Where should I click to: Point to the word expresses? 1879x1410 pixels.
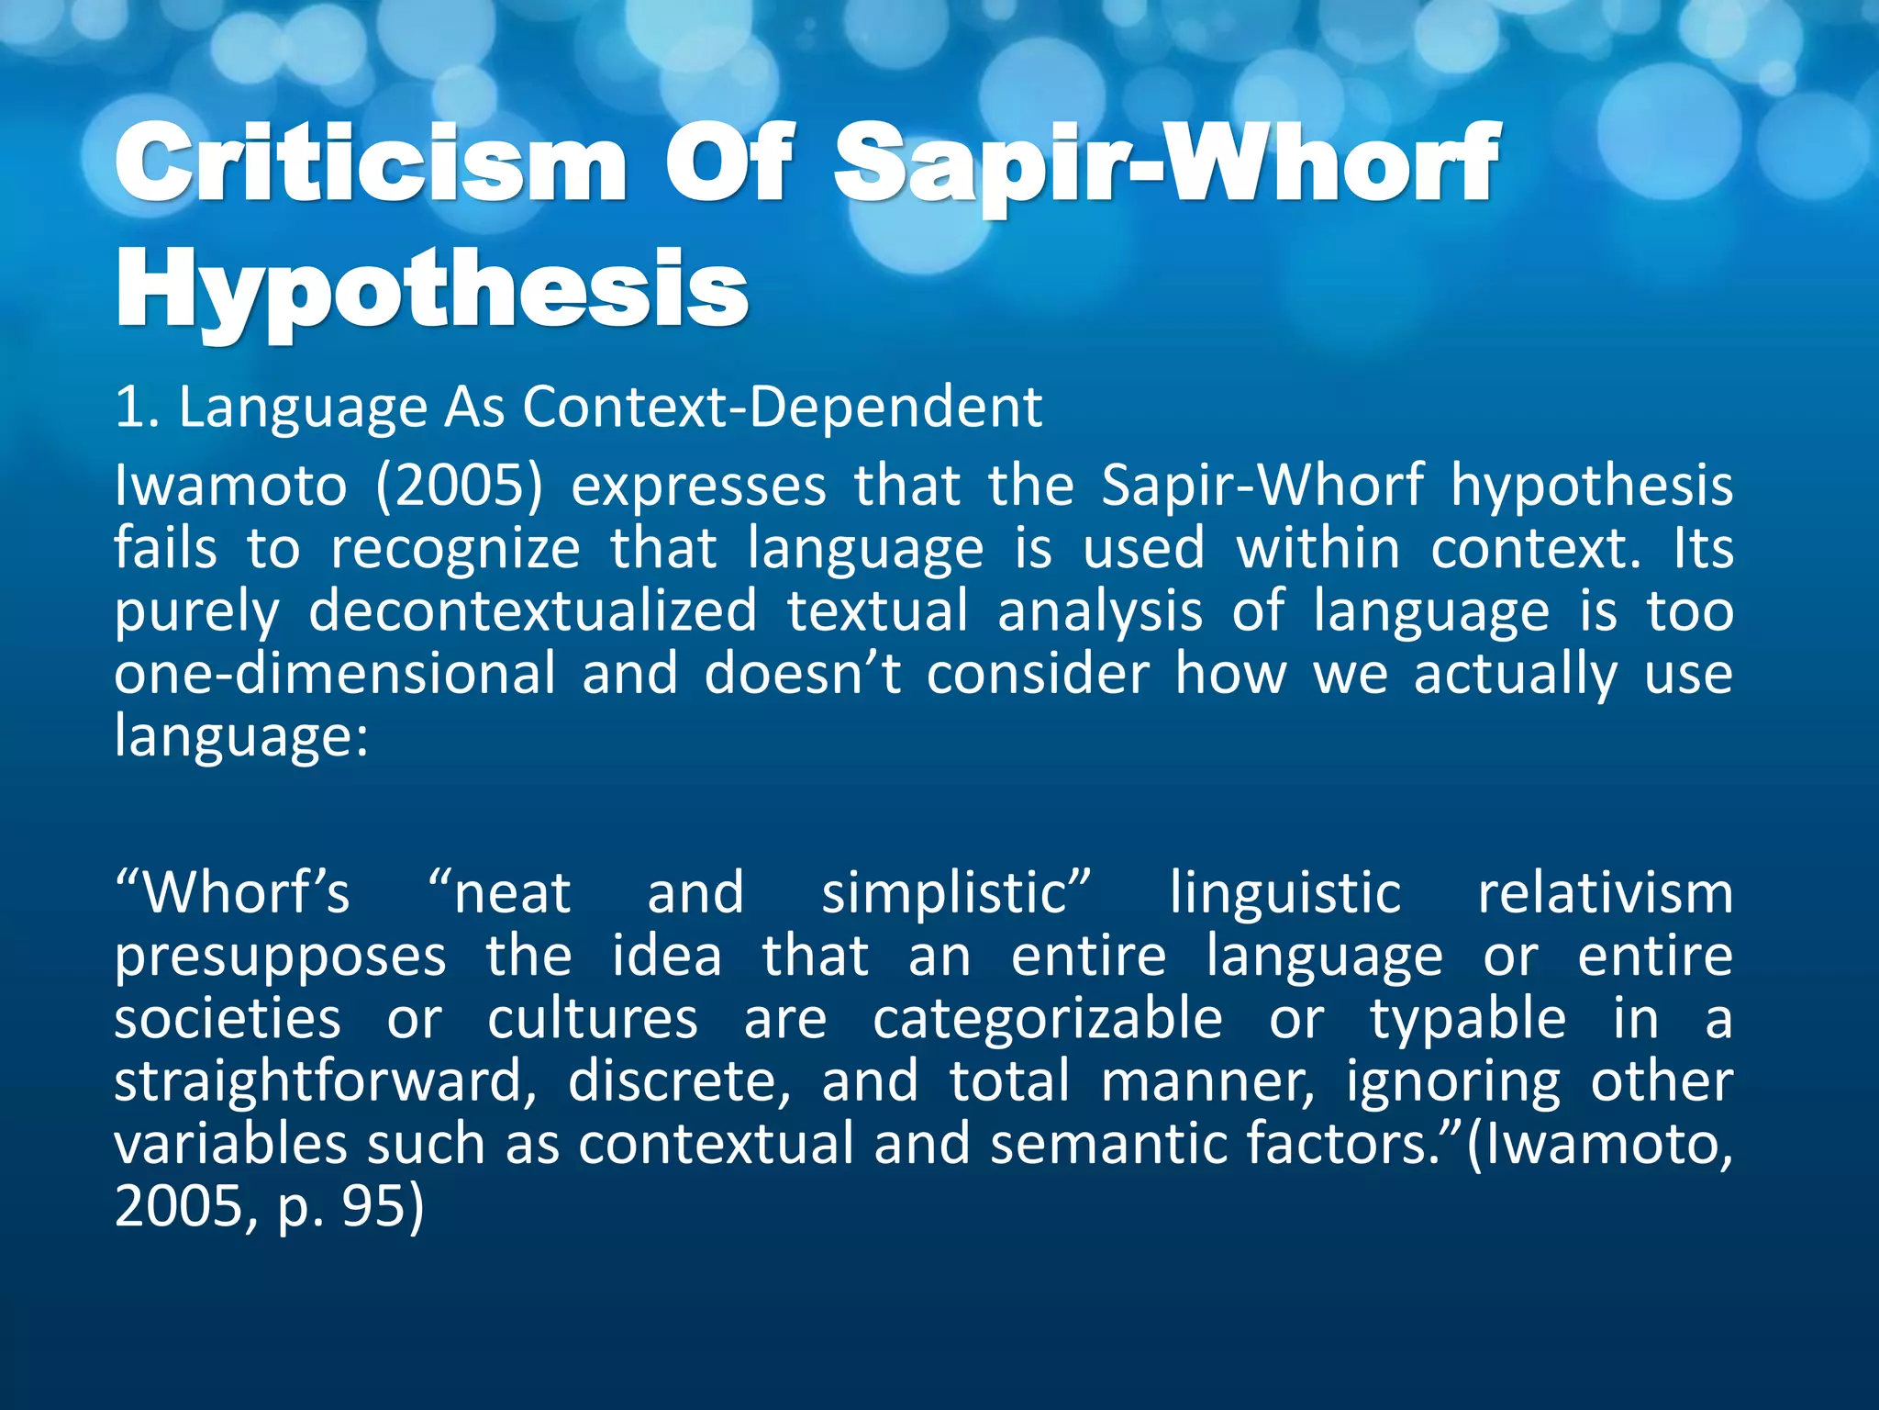pos(698,486)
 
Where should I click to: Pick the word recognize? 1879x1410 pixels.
pos(455,549)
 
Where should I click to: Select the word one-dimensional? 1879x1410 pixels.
pos(335,674)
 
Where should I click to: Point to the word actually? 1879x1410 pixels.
pos(1515,676)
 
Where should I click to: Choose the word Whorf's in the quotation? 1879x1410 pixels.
pos(233,892)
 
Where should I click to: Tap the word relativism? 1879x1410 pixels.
pos(1605,892)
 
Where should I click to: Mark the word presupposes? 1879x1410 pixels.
pos(280,957)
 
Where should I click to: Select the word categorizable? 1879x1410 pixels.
pos(1048,1019)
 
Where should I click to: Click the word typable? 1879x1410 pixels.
pos(1468,1019)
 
